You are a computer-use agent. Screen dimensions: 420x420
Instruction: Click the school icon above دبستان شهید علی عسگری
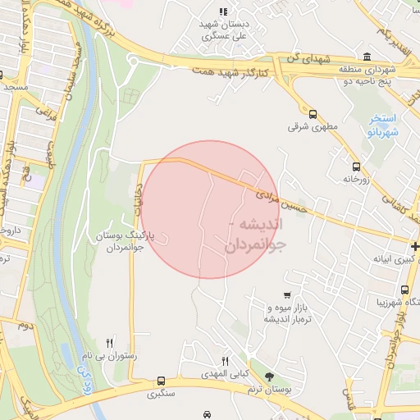click(222, 11)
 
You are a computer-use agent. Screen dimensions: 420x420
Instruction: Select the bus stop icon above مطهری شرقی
click(312, 114)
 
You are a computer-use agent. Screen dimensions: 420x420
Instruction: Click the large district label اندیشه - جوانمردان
click(255, 234)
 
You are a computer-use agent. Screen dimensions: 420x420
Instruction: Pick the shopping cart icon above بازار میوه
click(286, 295)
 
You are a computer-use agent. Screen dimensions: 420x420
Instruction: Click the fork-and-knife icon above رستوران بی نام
click(110, 343)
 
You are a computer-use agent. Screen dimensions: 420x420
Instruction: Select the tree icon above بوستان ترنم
click(270, 375)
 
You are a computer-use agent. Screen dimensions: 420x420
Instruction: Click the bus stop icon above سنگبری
click(161, 381)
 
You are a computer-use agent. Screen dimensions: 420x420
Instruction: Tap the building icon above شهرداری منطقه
click(365, 57)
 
